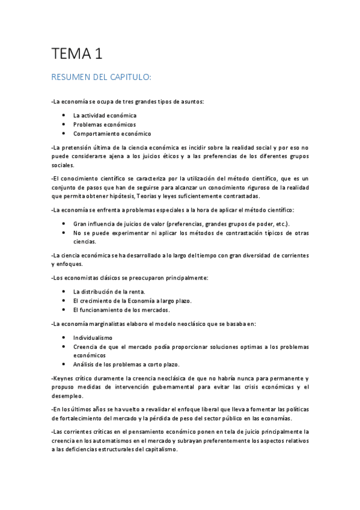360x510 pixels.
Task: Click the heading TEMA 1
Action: click(76, 54)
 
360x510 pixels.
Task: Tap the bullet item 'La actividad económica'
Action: click(105, 115)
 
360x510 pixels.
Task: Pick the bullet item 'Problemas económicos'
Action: click(105, 124)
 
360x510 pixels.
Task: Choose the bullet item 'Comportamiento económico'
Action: click(112, 134)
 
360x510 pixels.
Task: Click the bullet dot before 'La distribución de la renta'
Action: click(64, 292)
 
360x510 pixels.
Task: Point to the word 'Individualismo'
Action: click(93, 338)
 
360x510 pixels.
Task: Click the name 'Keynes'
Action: click(63, 378)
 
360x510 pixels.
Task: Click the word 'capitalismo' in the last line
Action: click(160, 449)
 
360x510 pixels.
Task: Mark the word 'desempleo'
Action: click(67, 396)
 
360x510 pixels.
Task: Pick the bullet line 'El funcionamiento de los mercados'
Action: click(121, 310)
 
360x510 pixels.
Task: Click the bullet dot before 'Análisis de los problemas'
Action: click(64, 364)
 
